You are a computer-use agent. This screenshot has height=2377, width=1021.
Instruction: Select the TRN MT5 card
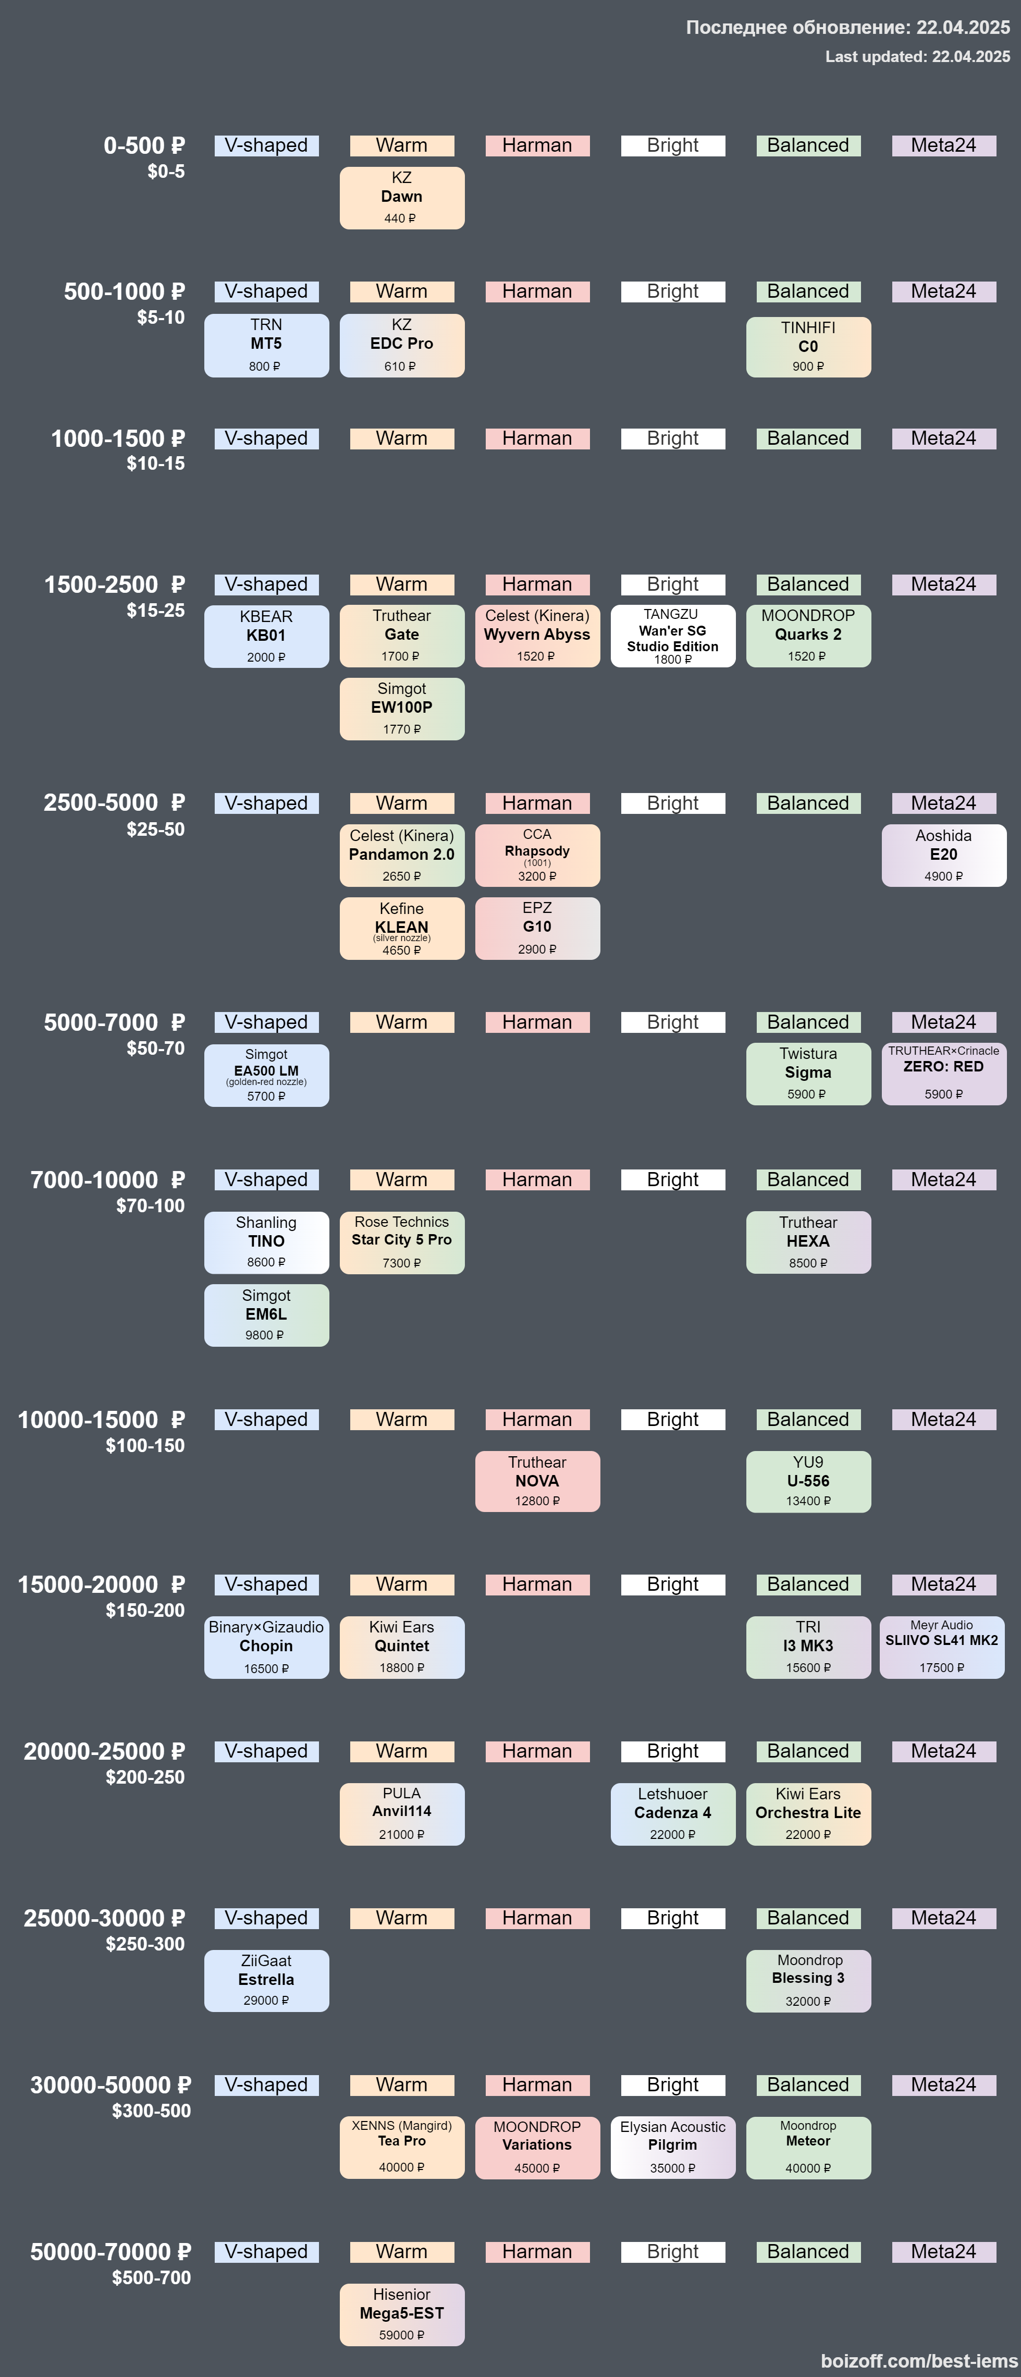click(x=266, y=345)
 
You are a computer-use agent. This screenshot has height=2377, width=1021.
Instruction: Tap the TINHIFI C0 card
click(x=808, y=347)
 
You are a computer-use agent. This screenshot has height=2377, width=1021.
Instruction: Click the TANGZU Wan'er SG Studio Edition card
click(x=672, y=636)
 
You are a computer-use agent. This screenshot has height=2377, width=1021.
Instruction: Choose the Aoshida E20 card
click(x=943, y=856)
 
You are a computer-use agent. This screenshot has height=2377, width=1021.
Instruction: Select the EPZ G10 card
click(x=537, y=928)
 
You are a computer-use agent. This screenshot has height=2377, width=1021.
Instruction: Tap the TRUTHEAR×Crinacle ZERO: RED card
click(x=943, y=1074)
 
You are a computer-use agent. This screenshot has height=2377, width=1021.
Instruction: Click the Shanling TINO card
click(x=266, y=1242)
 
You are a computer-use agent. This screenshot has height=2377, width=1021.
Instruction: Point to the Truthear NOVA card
click(x=537, y=1482)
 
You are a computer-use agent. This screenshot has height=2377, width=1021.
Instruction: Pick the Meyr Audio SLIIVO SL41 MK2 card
click(x=942, y=1647)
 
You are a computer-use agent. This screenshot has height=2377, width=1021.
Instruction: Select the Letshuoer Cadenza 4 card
click(x=672, y=1814)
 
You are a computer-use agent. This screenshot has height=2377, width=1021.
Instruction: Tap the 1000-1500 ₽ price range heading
click(x=118, y=438)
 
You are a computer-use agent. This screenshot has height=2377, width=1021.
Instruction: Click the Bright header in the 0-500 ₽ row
click(x=672, y=146)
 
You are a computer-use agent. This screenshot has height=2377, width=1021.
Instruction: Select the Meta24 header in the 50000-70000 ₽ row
click(x=943, y=2251)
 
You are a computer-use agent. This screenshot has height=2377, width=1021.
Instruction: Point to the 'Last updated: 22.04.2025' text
click(x=918, y=56)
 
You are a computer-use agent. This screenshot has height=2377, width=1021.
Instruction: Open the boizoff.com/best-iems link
click(x=919, y=2360)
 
